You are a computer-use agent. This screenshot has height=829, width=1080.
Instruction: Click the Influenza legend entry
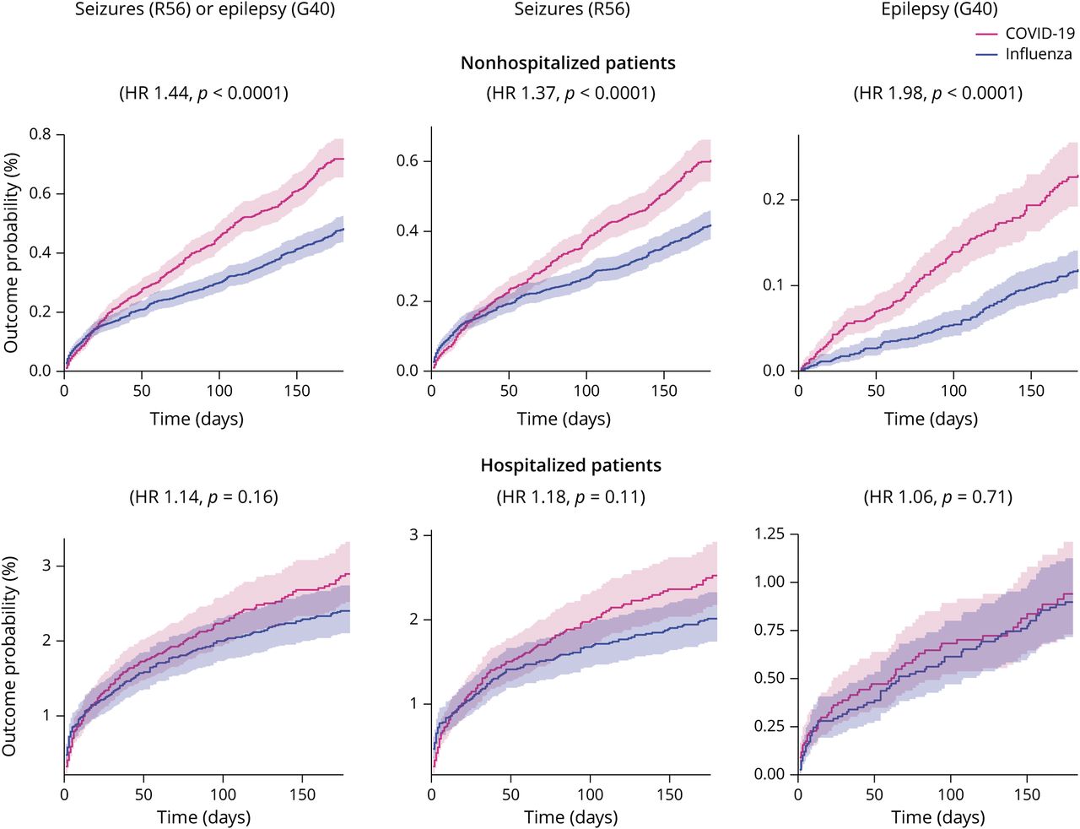(x=1038, y=54)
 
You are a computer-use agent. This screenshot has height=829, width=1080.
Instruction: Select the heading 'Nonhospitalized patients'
(x=568, y=63)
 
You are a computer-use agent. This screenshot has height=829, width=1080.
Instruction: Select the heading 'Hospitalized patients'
(x=571, y=465)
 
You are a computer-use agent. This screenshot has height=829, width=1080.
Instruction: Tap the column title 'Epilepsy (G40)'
(x=939, y=10)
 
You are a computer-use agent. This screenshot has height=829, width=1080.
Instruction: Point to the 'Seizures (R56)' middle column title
(x=572, y=10)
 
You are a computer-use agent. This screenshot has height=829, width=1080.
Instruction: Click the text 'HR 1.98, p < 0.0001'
(x=937, y=93)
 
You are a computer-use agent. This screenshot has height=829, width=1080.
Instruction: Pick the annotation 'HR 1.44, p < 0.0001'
(x=203, y=93)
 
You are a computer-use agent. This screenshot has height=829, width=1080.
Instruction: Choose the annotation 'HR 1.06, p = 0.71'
(x=937, y=497)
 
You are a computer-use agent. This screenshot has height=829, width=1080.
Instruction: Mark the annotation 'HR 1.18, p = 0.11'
(x=570, y=497)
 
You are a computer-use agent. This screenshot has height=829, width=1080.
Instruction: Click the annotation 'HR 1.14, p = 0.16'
(x=203, y=497)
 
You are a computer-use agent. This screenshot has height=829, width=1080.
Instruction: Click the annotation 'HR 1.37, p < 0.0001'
(x=570, y=93)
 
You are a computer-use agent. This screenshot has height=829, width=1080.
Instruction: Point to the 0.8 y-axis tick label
(x=40, y=134)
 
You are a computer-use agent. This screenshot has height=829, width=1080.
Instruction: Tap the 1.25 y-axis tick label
(x=769, y=534)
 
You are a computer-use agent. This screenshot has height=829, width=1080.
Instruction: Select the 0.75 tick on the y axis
(x=769, y=630)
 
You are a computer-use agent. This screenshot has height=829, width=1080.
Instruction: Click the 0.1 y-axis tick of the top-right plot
(x=775, y=285)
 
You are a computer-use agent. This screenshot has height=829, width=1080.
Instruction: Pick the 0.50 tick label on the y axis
(x=769, y=678)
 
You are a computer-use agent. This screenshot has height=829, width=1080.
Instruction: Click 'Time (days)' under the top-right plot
(x=931, y=419)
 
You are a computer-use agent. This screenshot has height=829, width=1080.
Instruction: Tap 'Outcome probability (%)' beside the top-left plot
(x=11, y=252)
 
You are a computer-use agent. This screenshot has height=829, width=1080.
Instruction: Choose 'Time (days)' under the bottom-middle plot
(x=570, y=817)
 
